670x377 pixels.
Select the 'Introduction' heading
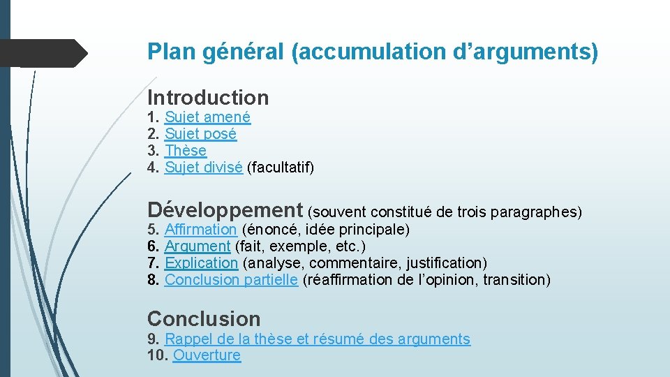[x=208, y=98]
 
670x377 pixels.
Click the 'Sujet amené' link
[x=207, y=117]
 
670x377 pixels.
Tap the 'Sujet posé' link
[x=200, y=134]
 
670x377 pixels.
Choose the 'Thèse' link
[x=186, y=151]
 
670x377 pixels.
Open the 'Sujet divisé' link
[x=203, y=168]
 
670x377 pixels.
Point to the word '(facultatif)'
[x=281, y=168]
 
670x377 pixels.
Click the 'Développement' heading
[x=225, y=209]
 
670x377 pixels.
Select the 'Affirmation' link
[x=200, y=230]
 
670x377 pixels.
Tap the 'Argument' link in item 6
[x=197, y=246]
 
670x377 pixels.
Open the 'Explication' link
[x=201, y=263]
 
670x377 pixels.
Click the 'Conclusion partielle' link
[x=231, y=280]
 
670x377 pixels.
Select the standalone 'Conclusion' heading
[x=204, y=319]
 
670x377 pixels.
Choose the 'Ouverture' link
[x=207, y=355]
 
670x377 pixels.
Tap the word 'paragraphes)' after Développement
[x=536, y=212]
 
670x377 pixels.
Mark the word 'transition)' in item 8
[x=516, y=280]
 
